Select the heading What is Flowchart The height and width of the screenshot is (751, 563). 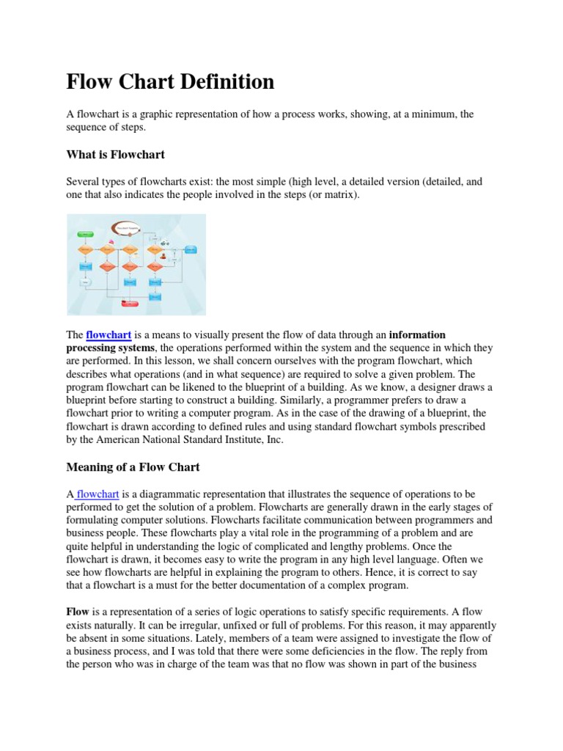click(115, 154)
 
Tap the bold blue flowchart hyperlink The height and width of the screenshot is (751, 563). click(108, 335)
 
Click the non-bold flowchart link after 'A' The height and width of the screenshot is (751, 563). click(97, 494)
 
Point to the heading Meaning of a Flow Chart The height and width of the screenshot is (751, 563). click(133, 467)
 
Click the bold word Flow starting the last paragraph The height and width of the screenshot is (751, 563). click(78, 611)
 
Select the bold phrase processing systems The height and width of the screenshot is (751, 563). click(110, 348)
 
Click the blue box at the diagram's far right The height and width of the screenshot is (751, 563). click(191, 250)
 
